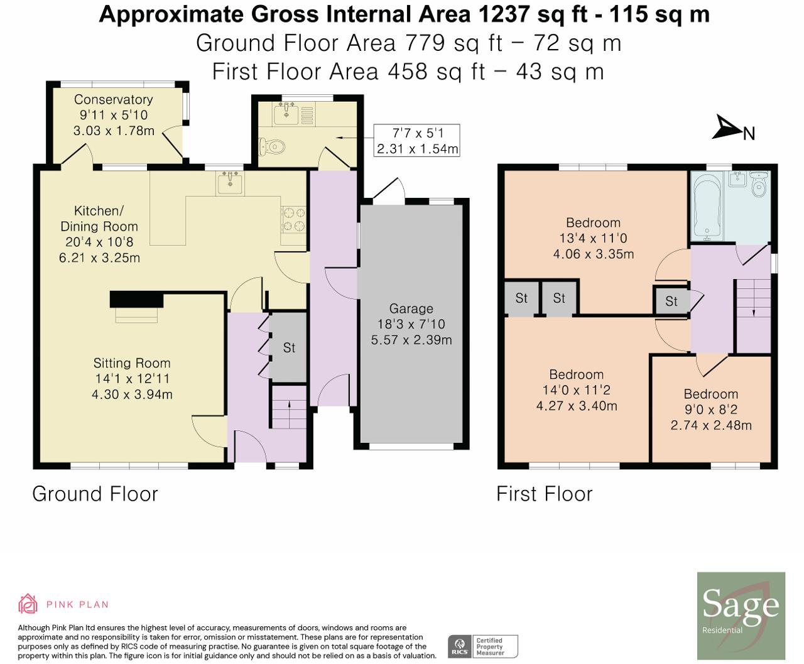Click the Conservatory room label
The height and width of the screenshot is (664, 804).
point(113,99)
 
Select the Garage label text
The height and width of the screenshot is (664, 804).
point(411,308)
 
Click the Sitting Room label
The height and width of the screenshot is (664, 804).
point(132,363)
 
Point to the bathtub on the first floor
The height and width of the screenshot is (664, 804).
point(707,205)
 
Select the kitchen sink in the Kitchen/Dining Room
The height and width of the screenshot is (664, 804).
point(231,183)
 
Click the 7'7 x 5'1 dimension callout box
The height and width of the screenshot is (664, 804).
point(417,141)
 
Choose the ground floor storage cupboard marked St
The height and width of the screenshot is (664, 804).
point(289,347)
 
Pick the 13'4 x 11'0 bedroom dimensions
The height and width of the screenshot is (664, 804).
point(593,239)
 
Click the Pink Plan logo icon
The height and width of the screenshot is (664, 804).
point(28,604)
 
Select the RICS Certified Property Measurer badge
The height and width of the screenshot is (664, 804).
point(482,646)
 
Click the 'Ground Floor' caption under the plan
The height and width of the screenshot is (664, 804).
point(95,494)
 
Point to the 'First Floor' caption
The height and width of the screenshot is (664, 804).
point(544,494)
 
